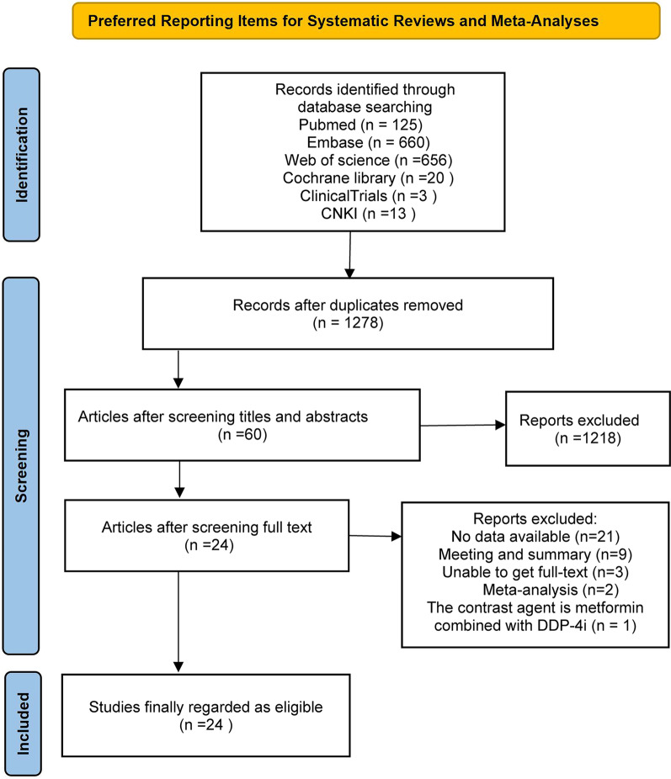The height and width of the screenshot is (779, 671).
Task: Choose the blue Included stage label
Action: coord(31,722)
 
